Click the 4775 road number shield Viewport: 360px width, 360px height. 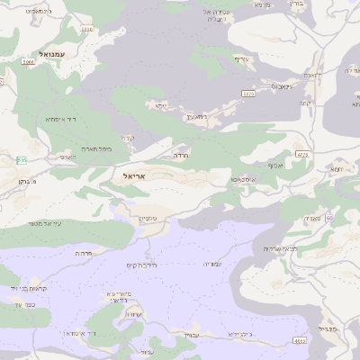tap(301, 155)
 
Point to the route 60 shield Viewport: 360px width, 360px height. tap(329, 218)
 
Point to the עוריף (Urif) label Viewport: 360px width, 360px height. tap(240, 59)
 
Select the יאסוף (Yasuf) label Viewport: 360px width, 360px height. tap(275, 166)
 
